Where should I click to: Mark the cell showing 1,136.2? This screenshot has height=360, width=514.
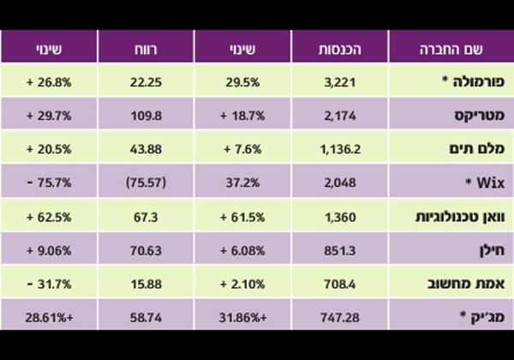coord(341,148)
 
